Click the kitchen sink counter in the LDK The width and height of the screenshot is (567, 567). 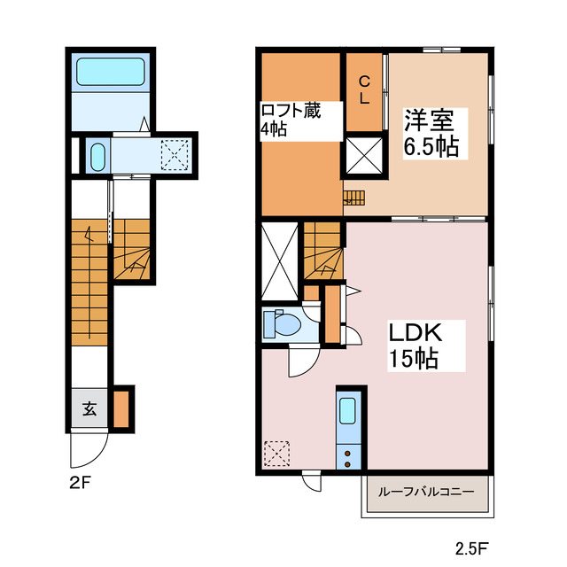tap(347, 430)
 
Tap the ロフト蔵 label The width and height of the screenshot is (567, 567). tap(290, 111)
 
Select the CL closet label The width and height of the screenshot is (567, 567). tap(363, 89)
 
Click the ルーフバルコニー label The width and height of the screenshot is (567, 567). tap(426, 493)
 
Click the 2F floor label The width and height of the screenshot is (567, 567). tap(79, 484)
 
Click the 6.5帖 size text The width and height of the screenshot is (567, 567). tap(431, 145)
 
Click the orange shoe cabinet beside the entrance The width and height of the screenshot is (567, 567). tap(122, 408)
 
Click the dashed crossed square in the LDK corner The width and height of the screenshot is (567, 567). tap(278, 453)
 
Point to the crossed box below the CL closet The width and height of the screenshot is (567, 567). tap(364, 156)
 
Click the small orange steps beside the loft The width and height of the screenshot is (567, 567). tap(354, 198)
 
